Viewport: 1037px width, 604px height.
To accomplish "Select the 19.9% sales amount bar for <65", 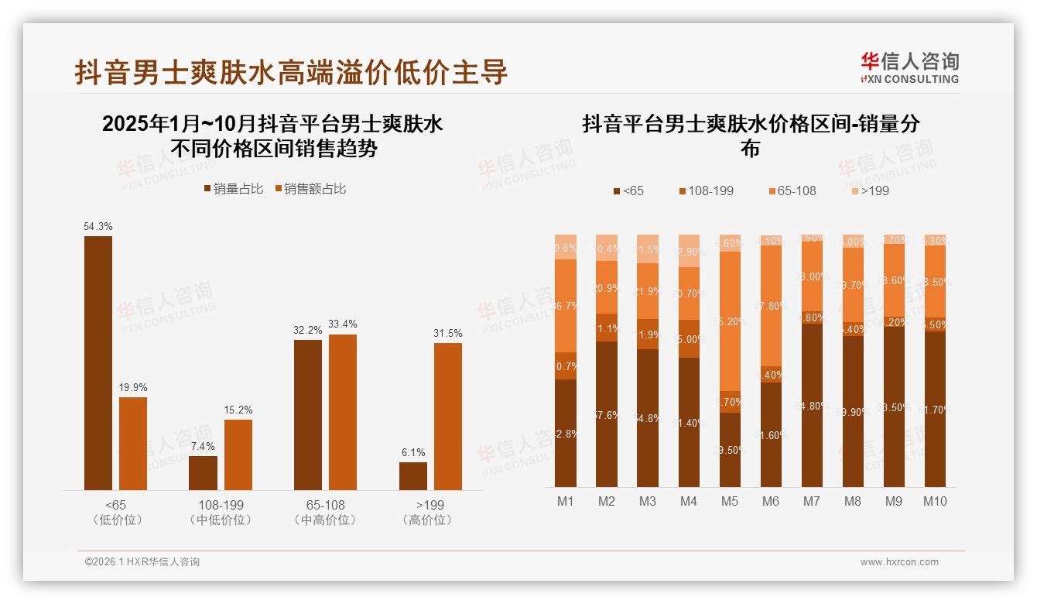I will point(133,443).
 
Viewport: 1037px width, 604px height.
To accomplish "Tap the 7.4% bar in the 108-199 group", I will point(203,472).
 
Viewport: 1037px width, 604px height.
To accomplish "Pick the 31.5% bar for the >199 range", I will point(448,416).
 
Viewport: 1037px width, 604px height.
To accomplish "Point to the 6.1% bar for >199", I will point(413,475).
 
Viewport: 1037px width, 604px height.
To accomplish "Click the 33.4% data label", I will point(343,324).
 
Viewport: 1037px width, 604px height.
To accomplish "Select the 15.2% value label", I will point(238,410).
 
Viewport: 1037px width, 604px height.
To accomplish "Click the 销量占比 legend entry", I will point(233,189).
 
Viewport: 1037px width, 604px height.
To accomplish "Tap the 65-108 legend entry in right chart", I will point(789,190).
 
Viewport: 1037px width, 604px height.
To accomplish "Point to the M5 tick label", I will point(730,501).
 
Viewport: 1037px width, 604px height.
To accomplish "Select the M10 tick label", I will point(935,501).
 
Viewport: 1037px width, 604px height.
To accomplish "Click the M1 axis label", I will point(566,501).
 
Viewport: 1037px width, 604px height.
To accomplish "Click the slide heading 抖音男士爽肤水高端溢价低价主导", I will point(291,72).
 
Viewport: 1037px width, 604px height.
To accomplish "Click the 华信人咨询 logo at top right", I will point(909,67).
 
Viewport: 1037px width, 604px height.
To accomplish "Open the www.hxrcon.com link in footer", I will point(899,562).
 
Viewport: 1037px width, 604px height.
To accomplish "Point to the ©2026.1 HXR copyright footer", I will point(142,562).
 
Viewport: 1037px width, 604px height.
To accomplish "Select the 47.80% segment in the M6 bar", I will point(771,305).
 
